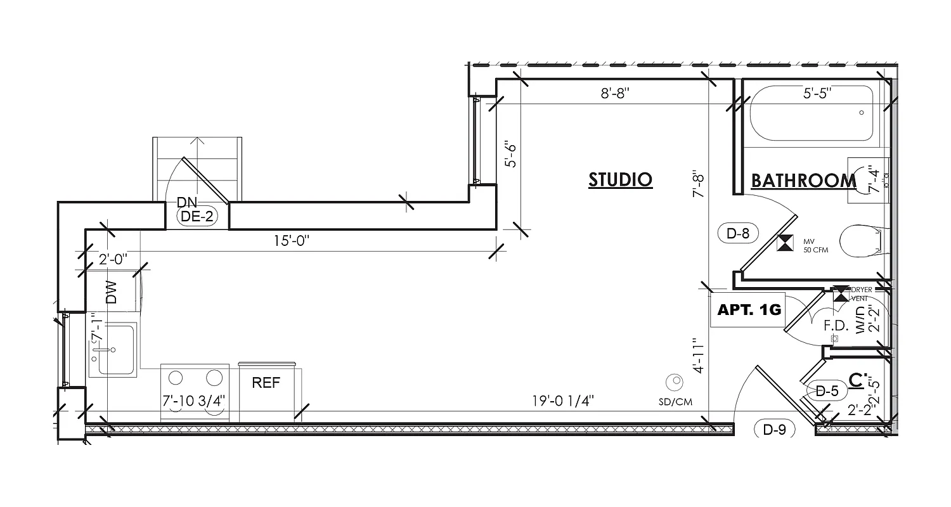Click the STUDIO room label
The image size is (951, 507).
click(620, 179)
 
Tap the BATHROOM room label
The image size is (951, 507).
click(803, 181)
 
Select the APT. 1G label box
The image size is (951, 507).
click(748, 311)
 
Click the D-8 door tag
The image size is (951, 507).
click(738, 233)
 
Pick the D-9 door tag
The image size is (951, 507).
click(774, 430)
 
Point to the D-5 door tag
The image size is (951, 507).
click(827, 391)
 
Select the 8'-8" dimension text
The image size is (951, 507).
click(614, 94)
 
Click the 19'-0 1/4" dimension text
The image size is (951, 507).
click(563, 401)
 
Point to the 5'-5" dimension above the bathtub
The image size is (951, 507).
click(817, 94)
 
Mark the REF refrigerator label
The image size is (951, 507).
click(266, 383)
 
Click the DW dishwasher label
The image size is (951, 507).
click(112, 292)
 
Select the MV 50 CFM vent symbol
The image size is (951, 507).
click(785, 243)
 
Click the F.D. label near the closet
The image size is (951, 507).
click(836, 326)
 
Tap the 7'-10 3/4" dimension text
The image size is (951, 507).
click(194, 401)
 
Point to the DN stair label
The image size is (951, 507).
click(187, 202)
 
